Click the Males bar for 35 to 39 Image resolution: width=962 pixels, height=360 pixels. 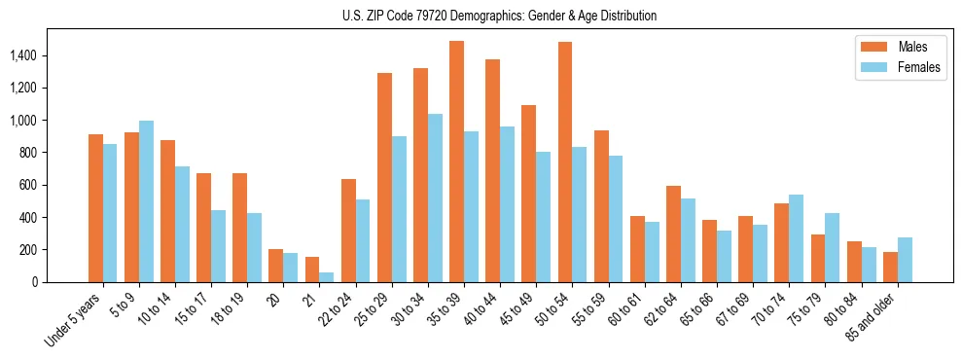coord(456,162)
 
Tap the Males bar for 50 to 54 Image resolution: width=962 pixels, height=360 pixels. coord(565,162)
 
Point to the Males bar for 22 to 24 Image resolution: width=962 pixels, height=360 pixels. coord(348,231)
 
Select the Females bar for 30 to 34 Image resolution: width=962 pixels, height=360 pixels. coord(435,198)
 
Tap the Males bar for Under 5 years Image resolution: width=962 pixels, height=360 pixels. coord(95,208)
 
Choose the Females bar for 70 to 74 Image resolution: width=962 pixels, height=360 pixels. coord(796,238)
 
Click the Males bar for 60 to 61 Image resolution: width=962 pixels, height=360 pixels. coord(637,249)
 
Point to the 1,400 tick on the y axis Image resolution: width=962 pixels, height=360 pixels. coord(37,55)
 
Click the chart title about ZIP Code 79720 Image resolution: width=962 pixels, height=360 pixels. coord(499,16)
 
